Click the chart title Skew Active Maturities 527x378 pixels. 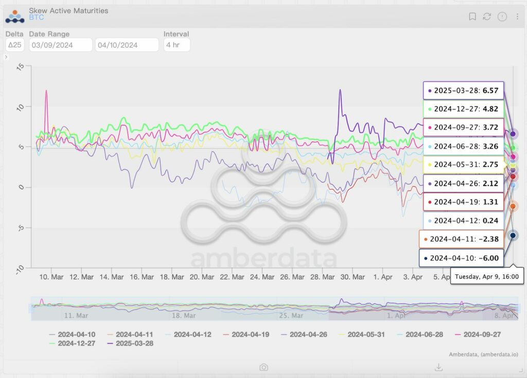[x=68, y=10]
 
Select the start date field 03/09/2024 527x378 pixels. [x=61, y=45]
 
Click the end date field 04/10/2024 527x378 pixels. [x=127, y=45]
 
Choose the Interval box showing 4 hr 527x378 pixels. [x=177, y=45]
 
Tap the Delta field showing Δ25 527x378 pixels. [x=15, y=45]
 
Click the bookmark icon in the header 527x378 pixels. [x=472, y=17]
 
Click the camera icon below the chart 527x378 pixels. [x=263, y=367]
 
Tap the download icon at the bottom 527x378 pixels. [x=438, y=367]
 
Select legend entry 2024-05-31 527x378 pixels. [x=366, y=335]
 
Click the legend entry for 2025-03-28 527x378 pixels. [x=134, y=343]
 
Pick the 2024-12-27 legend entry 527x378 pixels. [x=76, y=343]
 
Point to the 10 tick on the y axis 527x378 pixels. [x=21, y=107]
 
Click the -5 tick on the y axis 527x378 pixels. [x=21, y=227]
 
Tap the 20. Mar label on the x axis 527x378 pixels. [x=201, y=277]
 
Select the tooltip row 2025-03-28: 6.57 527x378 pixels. [x=463, y=90]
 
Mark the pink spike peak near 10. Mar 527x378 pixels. [x=46, y=91]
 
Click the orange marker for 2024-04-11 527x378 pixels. [x=513, y=206]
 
